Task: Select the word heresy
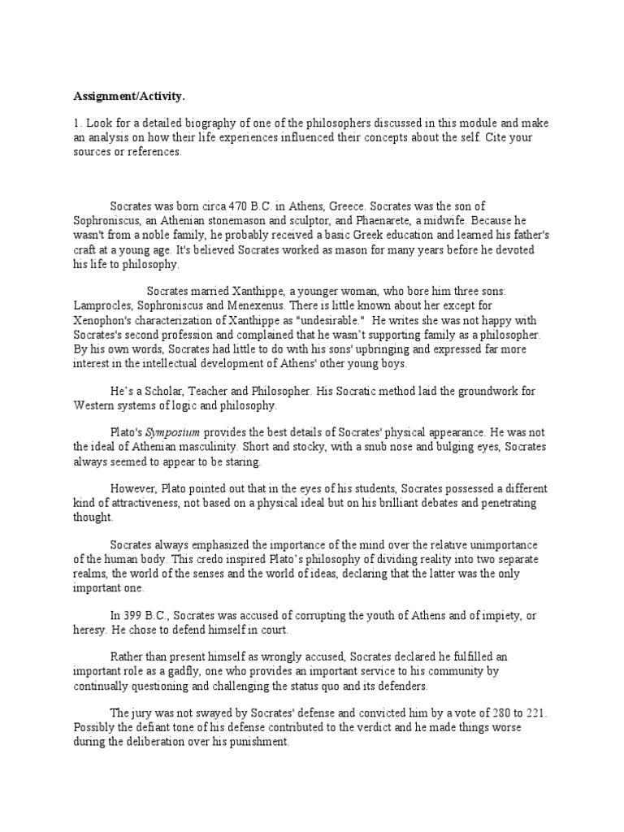[x=90, y=630]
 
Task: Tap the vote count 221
[x=532, y=713]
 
